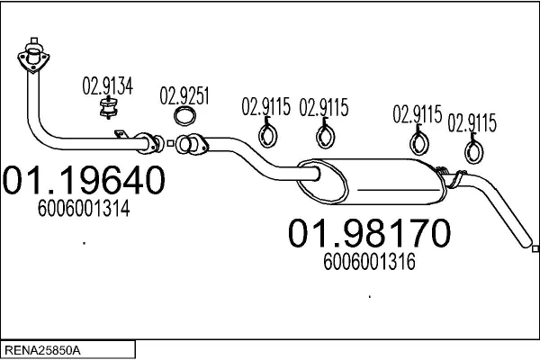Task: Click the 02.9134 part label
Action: [107, 87]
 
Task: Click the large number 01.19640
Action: [85, 182]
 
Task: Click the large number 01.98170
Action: [368, 234]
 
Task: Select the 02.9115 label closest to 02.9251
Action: [265, 108]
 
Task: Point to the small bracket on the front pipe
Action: [120, 135]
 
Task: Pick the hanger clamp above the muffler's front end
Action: [324, 136]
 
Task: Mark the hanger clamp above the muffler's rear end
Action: [418, 141]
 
